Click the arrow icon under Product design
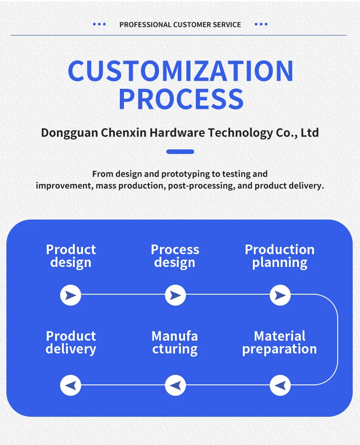pos(71,296)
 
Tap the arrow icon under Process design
pos(175,296)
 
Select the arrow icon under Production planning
pos(280,296)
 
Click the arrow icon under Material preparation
pos(280,385)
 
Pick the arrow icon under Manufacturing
pos(175,385)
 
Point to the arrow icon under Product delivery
pos(71,385)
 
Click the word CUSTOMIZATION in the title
pos(180,71)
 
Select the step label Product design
pos(71,256)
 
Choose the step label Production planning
pos(280,256)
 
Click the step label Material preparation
pos(279,343)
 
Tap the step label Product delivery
pos(71,343)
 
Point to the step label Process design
pos(175,256)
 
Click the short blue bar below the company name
pos(180,152)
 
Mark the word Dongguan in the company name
pos(69,133)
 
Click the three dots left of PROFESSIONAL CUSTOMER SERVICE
pos(99,24)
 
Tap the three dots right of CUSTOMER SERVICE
pos(261,24)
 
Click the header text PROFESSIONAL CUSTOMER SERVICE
pos(180,25)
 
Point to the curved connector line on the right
pos(337,340)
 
